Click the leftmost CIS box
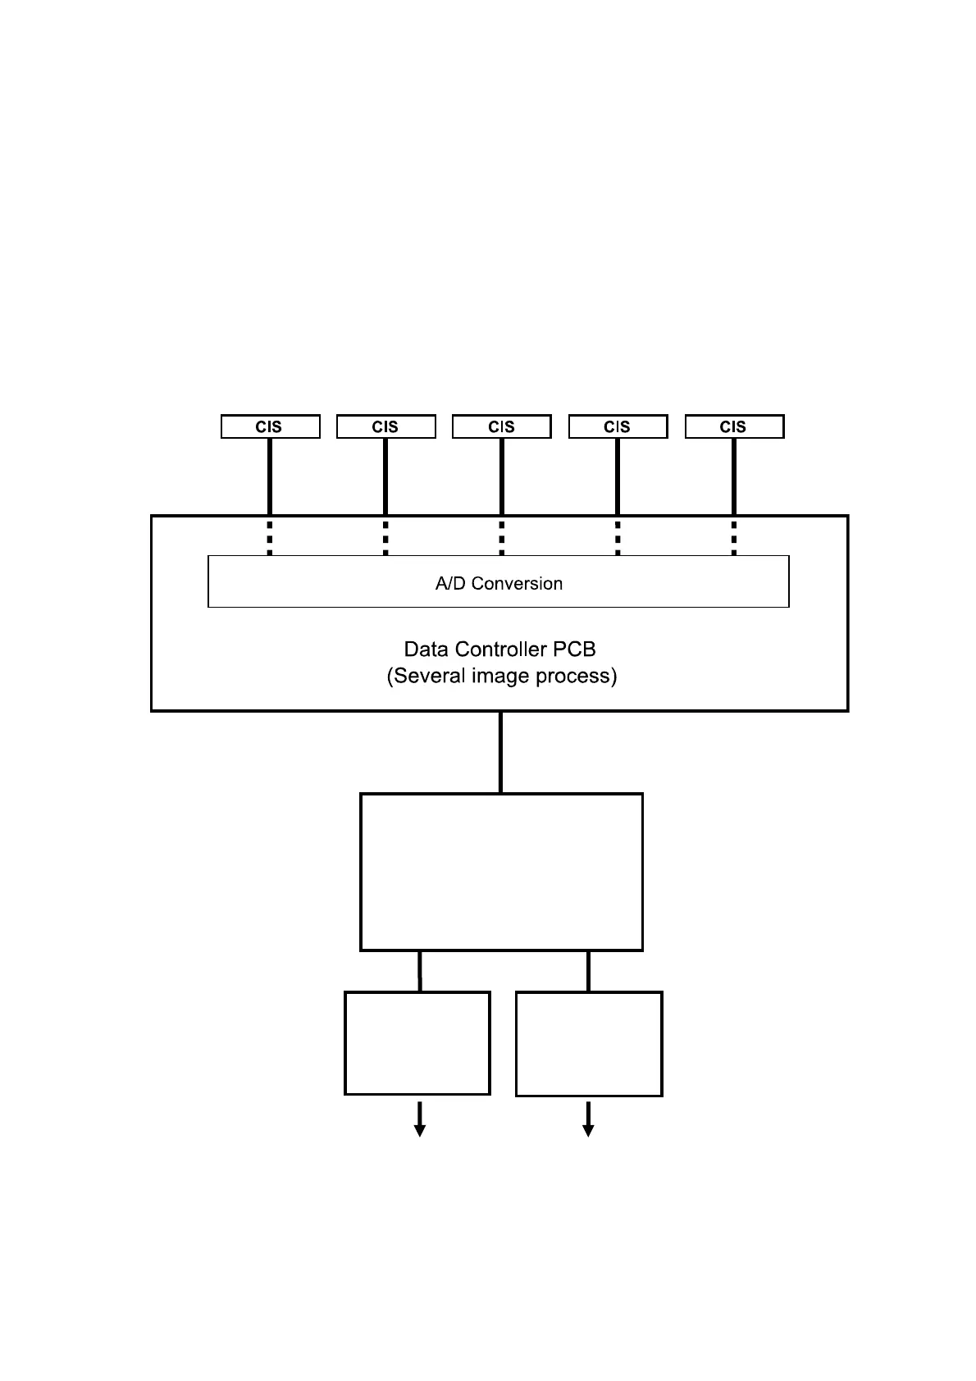click(270, 426)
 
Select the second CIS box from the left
click(385, 426)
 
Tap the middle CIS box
click(501, 426)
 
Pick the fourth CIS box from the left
click(618, 426)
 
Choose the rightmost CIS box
click(734, 426)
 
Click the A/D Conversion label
click(499, 583)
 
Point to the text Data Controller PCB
click(499, 649)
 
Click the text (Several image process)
click(501, 676)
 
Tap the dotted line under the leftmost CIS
click(270, 536)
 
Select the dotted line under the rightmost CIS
click(734, 536)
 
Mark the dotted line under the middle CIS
click(502, 536)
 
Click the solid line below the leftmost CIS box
click(270, 476)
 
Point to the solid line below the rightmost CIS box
click(734, 476)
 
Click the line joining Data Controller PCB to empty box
click(501, 751)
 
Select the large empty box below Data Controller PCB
click(501, 872)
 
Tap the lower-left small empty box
click(417, 1043)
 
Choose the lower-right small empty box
click(589, 1044)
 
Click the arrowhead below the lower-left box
click(420, 1130)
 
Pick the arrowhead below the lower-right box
click(588, 1130)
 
